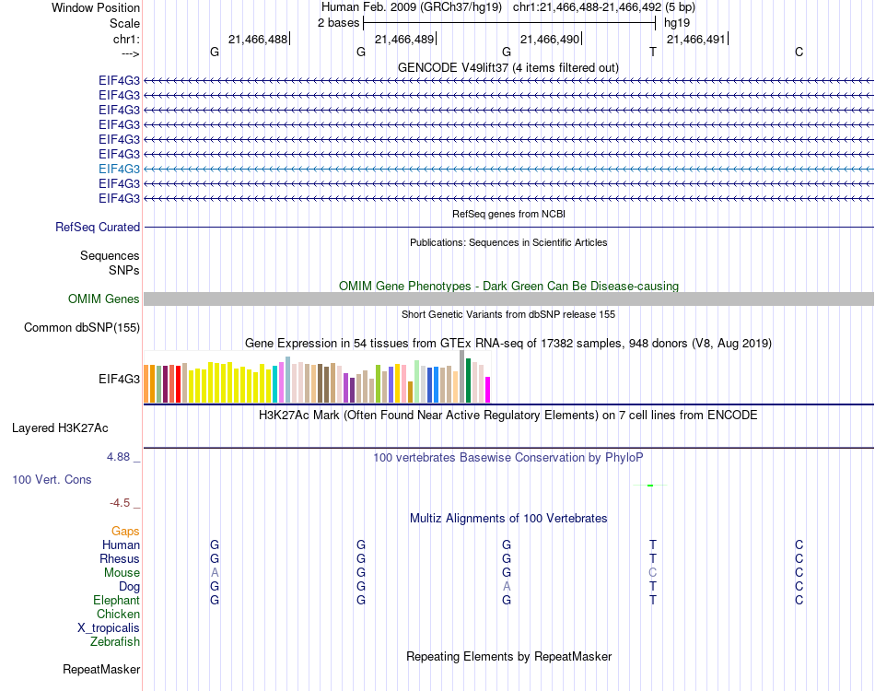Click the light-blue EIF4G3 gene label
coord(119,169)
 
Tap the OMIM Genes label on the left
coord(104,299)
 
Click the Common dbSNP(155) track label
coord(82,327)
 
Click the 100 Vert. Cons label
coord(52,479)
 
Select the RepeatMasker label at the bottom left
coord(101,669)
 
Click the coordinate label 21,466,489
coord(403,39)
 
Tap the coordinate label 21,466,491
coord(695,39)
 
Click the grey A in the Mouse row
coord(215,572)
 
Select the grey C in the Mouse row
coord(653,572)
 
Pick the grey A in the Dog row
coord(507,586)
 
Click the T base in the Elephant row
coord(653,600)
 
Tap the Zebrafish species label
coord(115,641)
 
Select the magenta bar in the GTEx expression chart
coord(487,390)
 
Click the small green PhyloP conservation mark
coord(650,485)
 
